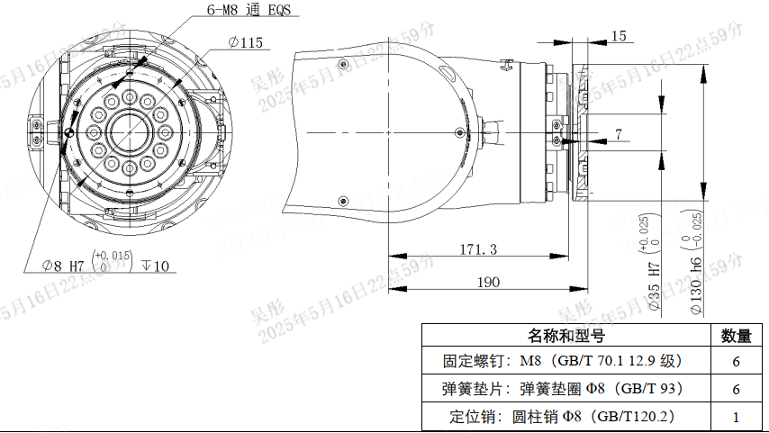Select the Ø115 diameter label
(x=245, y=42)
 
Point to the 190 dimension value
(x=487, y=282)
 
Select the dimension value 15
(x=619, y=36)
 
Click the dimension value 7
(x=618, y=134)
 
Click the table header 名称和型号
(x=565, y=336)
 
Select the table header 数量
(x=737, y=336)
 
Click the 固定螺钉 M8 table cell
(x=565, y=362)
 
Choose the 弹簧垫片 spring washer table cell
(x=565, y=389)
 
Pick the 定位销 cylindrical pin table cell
(x=565, y=417)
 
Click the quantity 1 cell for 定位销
(x=737, y=417)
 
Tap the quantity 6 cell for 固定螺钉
(x=737, y=362)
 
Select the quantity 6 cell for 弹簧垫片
(x=737, y=389)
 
